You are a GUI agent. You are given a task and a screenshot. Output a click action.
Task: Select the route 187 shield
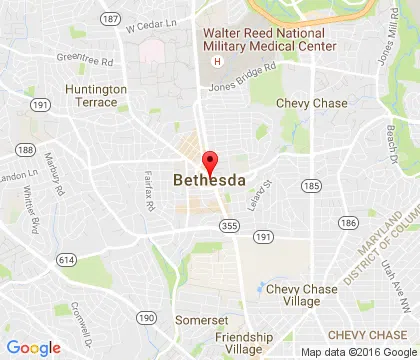tap(110, 19)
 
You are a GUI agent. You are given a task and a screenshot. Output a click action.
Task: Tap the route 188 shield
tap(24, 150)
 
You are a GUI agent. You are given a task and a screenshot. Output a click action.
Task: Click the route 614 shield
tap(66, 259)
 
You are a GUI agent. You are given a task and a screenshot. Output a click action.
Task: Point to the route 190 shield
tap(146, 317)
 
